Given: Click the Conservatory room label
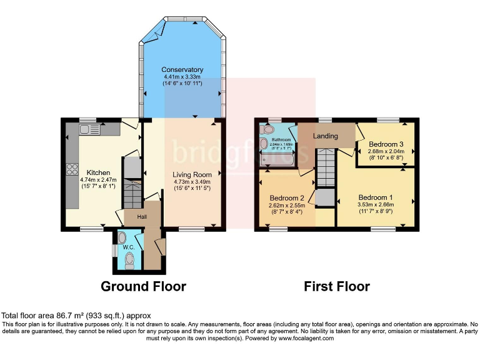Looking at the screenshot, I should pos(182,69).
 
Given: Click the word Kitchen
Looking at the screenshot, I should pos(99,172).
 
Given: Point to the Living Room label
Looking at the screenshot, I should pos(192,174).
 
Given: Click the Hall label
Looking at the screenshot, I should pos(142,217).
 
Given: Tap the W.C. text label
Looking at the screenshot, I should pos(129,247).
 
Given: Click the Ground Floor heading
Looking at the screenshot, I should pos(144,287).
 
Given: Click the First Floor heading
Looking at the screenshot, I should pos(337,287).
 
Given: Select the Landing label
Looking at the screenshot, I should pos(326,136).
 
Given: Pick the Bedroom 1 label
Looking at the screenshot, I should pos(376,194).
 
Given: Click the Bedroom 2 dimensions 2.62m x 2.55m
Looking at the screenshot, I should pos(287,205).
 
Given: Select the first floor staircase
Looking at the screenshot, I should pos(326,169).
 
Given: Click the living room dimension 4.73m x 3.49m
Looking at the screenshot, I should pos(192,182).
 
